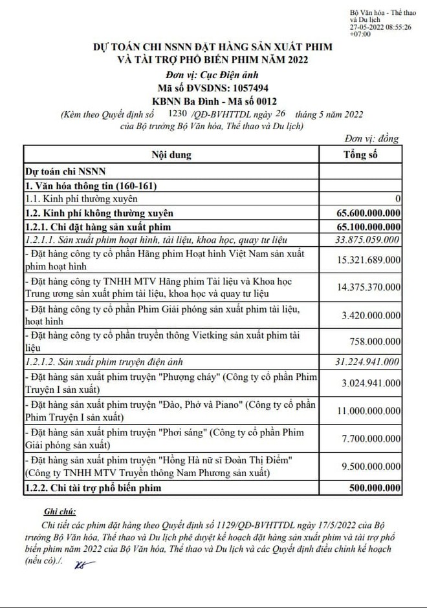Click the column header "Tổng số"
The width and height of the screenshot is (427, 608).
(360, 155)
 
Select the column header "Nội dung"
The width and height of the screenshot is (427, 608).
(171, 155)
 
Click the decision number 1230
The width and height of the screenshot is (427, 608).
(177, 114)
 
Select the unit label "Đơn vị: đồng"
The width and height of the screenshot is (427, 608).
(371, 138)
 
